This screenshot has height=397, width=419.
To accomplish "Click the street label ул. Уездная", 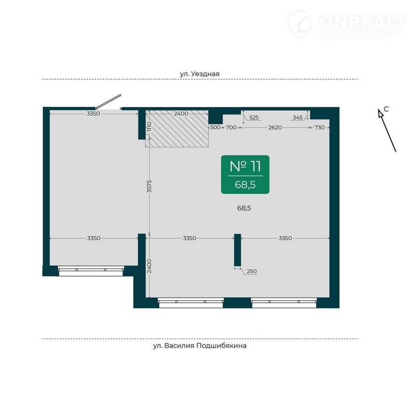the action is (199, 74).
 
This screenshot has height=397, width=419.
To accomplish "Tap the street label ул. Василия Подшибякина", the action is (199, 346).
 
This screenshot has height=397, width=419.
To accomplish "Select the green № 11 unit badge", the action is (245, 175).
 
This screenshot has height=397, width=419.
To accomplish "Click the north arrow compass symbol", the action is (387, 130).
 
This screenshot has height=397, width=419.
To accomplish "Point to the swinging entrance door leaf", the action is (108, 102).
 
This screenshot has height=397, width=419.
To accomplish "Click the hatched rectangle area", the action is (177, 129).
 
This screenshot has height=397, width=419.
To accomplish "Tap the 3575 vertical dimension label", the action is (149, 186).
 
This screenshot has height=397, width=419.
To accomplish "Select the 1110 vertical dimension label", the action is (149, 127).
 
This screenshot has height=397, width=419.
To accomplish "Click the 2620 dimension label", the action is (275, 127).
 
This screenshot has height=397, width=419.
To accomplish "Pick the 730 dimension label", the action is (319, 127).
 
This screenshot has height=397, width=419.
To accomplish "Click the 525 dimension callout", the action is (254, 117).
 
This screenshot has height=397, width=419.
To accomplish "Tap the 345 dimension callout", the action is (297, 117).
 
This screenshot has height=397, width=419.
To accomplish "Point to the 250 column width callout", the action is (252, 271).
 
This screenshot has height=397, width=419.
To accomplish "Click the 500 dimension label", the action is (215, 127).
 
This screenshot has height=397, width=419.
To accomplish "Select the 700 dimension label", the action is (231, 127).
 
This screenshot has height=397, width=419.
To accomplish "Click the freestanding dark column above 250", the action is (237, 250).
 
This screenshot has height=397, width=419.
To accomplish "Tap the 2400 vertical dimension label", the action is (149, 266).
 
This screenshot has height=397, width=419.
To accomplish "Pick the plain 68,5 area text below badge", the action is (244, 208).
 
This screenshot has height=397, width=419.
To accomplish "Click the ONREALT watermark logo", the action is (348, 24).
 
